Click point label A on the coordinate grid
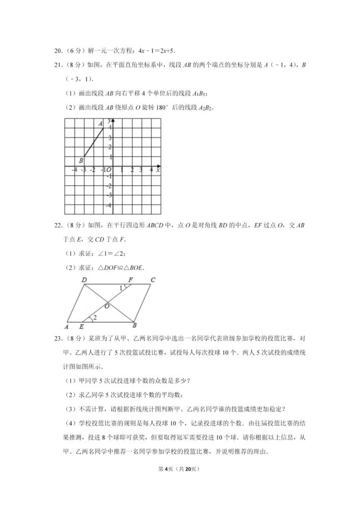100,124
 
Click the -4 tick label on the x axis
74,170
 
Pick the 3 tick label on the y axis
109,137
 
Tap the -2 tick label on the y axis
108,186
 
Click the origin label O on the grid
109,170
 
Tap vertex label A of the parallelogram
67,326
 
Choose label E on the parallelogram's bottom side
81,326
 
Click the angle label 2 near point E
95,317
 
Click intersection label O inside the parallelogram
107,306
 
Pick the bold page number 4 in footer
172,483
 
